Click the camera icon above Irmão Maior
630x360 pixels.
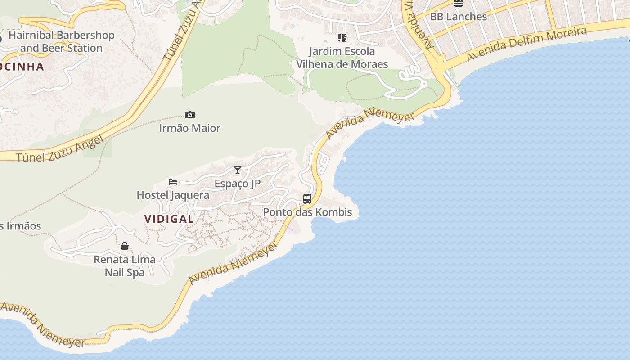coord(190,115)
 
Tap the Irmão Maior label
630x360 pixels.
coord(190,128)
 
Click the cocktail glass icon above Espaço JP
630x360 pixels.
coord(238,170)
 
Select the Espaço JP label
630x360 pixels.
coord(238,184)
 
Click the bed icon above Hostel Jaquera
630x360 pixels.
coord(173,182)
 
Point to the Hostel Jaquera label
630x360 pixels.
coord(173,195)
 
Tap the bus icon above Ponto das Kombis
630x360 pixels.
coord(307,198)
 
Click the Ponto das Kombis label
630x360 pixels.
coord(307,212)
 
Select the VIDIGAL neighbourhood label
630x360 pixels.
coord(169,219)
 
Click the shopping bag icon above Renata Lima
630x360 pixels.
coord(125,246)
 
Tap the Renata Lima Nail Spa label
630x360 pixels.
coord(125,266)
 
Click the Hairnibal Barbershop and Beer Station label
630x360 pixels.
coord(62,41)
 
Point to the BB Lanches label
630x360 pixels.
coord(459,17)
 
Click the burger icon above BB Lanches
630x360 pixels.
coord(459,4)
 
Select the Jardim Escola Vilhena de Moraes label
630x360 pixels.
coord(342,58)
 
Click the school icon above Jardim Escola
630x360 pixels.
coord(342,38)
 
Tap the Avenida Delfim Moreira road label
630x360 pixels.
coord(526,44)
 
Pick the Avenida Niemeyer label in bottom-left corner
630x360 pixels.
coord(43,324)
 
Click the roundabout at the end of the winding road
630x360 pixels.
coord(423,84)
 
